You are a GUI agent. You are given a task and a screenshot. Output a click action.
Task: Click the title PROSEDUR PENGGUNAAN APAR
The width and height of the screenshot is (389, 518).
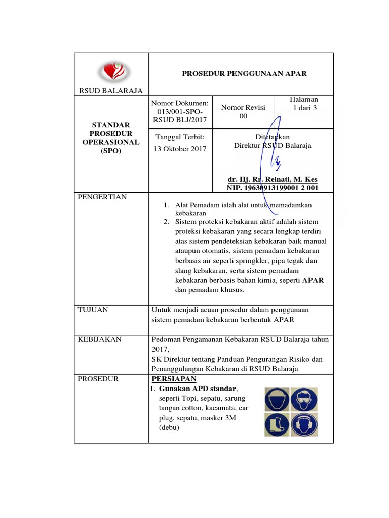coord(244,74)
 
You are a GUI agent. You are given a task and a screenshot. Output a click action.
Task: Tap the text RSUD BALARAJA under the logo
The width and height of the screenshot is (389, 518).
coord(110,91)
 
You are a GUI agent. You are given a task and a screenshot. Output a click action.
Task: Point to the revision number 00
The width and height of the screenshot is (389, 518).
coord(243,116)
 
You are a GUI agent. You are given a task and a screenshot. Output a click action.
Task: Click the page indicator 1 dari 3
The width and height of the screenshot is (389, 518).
coord(304,108)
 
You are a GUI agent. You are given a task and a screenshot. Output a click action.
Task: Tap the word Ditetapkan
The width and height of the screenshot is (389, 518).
coord(273,137)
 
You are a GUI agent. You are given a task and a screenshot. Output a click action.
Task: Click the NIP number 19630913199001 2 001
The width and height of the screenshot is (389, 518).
coord(273,188)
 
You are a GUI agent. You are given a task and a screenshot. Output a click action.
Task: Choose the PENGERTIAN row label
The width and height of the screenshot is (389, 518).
coord(102,197)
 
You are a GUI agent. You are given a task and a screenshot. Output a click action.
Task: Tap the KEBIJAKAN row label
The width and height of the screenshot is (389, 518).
coord(99,339)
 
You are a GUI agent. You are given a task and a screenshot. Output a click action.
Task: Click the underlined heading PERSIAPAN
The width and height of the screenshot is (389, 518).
coord(174,379)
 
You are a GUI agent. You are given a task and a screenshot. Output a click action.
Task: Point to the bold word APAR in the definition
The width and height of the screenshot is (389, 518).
coord(314,280)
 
